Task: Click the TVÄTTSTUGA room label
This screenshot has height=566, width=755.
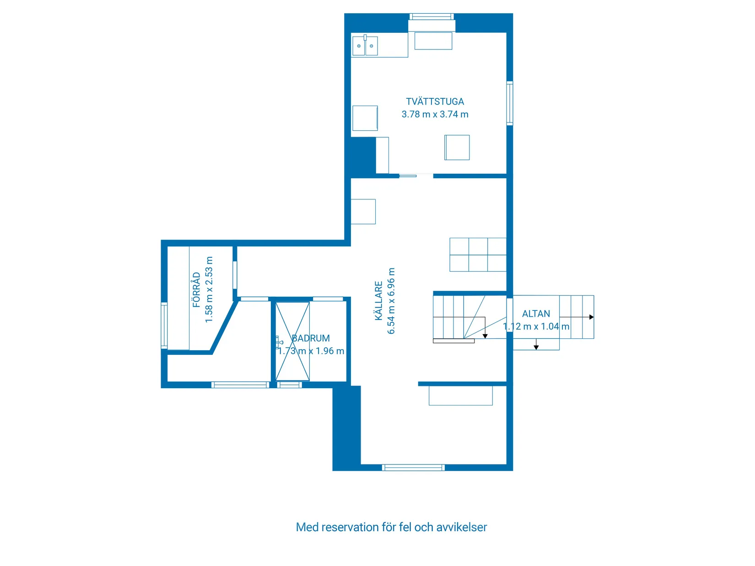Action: pyautogui.click(x=435, y=101)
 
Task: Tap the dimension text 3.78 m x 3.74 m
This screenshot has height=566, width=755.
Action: pyautogui.click(x=435, y=114)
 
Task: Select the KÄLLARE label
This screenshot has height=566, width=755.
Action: pyautogui.click(x=379, y=301)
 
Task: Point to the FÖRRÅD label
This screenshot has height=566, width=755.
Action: pyautogui.click(x=197, y=290)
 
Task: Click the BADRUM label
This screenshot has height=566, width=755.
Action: pyautogui.click(x=311, y=338)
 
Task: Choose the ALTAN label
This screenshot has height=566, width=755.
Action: pyautogui.click(x=536, y=314)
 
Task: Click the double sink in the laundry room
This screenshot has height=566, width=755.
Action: pyautogui.click(x=365, y=46)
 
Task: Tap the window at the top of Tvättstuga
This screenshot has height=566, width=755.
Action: pyautogui.click(x=431, y=17)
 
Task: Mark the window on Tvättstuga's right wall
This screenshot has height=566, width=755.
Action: pyautogui.click(x=510, y=103)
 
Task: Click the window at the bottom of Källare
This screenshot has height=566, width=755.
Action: pyautogui.click(x=413, y=467)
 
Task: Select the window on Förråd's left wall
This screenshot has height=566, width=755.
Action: pyautogui.click(x=164, y=325)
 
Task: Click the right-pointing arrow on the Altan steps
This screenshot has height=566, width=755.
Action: pyautogui.click(x=591, y=317)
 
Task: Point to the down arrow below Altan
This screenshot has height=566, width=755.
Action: pyautogui.click(x=536, y=347)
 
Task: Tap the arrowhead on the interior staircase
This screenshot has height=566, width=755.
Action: pyautogui.click(x=485, y=336)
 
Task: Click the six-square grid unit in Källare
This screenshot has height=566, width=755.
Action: pyautogui.click(x=478, y=255)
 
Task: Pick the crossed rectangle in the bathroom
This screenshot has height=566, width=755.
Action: pyautogui.click(x=292, y=341)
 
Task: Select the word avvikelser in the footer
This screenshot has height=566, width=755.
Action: pyautogui.click(x=461, y=527)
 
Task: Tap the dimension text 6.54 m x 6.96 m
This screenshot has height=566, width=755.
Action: pyautogui.click(x=391, y=301)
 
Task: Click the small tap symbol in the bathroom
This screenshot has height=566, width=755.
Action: pyautogui.click(x=278, y=342)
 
